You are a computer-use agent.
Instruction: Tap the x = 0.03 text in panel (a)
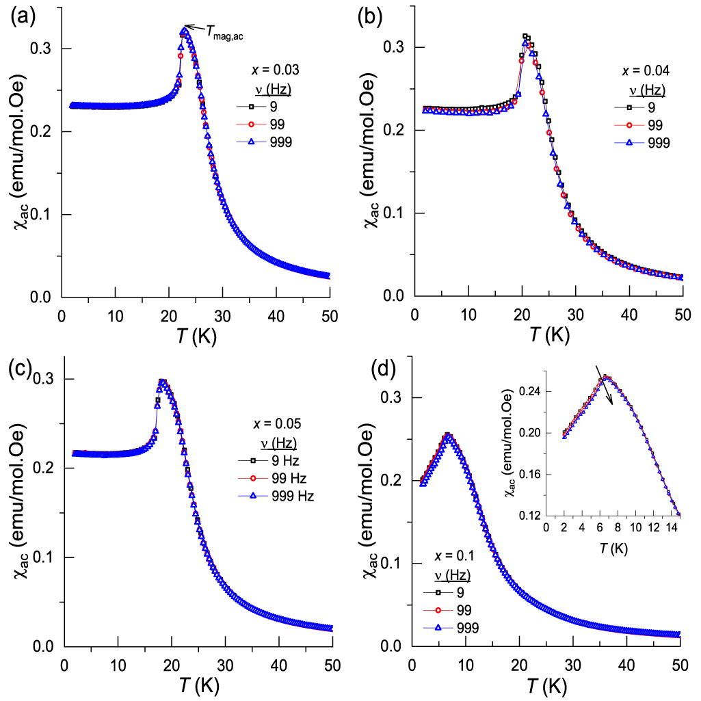point(276,70)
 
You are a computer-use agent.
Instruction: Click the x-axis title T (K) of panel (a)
point(196,333)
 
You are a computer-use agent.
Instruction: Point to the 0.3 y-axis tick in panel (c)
point(46,379)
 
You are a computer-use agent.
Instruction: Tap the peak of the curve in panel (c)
point(162,382)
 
